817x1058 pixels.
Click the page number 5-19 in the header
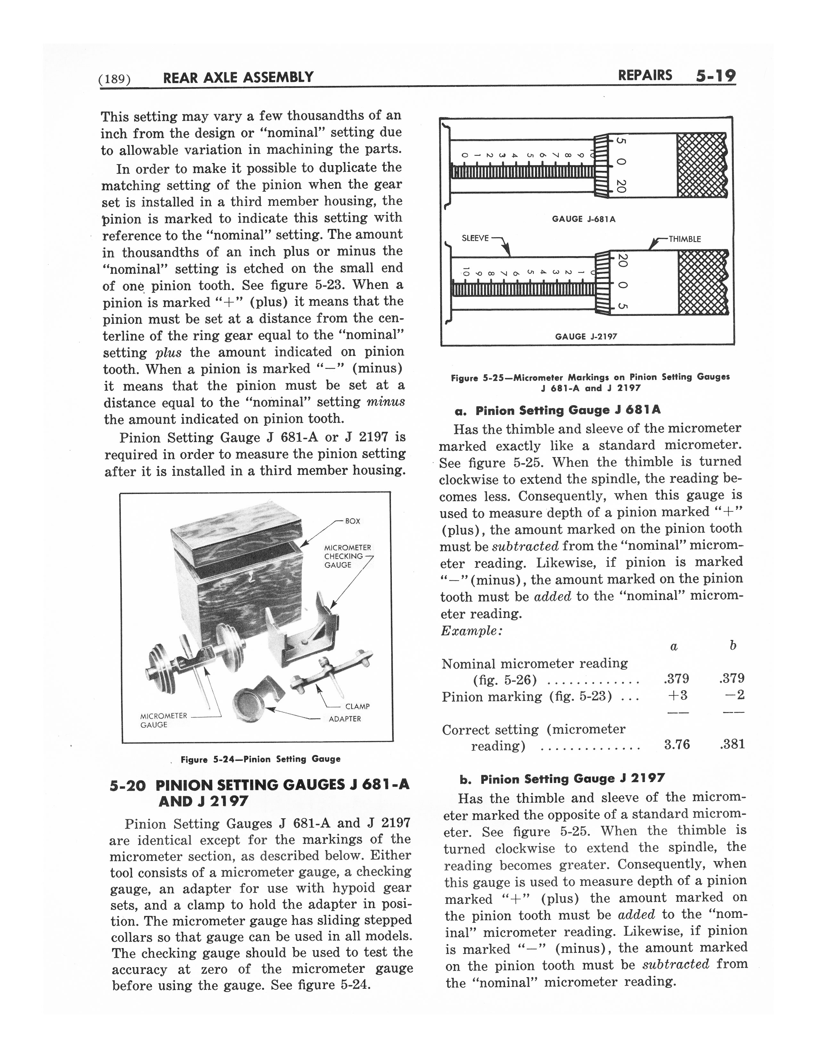coord(715,76)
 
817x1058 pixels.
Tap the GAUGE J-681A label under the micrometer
coord(584,219)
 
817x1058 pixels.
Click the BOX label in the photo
coord(352,521)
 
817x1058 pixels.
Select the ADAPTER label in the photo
coord(345,719)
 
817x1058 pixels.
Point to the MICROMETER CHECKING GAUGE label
coord(347,556)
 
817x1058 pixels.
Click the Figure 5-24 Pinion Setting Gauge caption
coord(260,759)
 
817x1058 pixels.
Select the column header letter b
coord(733,645)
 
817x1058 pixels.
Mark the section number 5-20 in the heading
coord(127,785)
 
